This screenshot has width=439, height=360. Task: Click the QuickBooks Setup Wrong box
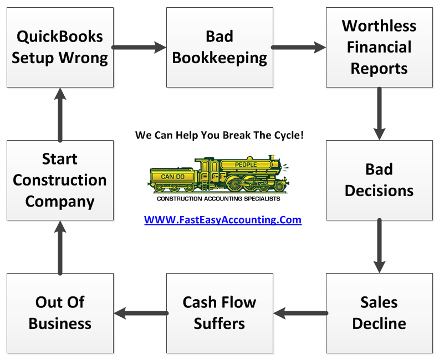click(x=60, y=47)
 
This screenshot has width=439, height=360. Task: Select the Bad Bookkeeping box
click(x=219, y=47)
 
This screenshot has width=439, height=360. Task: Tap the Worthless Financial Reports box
click(x=379, y=47)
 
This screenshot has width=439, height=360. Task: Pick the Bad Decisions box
click(x=379, y=180)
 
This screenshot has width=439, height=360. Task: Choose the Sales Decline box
click(x=379, y=313)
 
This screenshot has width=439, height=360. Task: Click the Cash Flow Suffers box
click(x=219, y=313)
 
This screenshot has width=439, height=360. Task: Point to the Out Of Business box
click(x=60, y=313)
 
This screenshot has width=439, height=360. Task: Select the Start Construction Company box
click(x=60, y=180)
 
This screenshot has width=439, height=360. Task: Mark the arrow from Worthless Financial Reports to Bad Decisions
click(x=379, y=114)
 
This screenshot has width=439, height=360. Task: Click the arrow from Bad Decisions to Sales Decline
click(x=379, y=246)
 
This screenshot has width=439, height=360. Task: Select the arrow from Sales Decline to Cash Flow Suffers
click(x=299, y=313)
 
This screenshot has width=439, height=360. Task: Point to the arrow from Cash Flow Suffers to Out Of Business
click(x=140, y=313)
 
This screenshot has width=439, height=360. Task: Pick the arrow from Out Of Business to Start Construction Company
click(x=60, y=246)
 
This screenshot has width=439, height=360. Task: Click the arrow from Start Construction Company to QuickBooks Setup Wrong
click(x=60, y=114)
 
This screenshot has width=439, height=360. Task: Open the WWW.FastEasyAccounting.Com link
click(x=223, y=220)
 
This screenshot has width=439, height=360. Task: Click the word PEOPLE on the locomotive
click(x=246, y=164)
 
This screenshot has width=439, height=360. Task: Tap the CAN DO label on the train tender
click(x=172, y=176)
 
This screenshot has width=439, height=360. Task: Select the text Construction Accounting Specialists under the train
click(x=219, y=198)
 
